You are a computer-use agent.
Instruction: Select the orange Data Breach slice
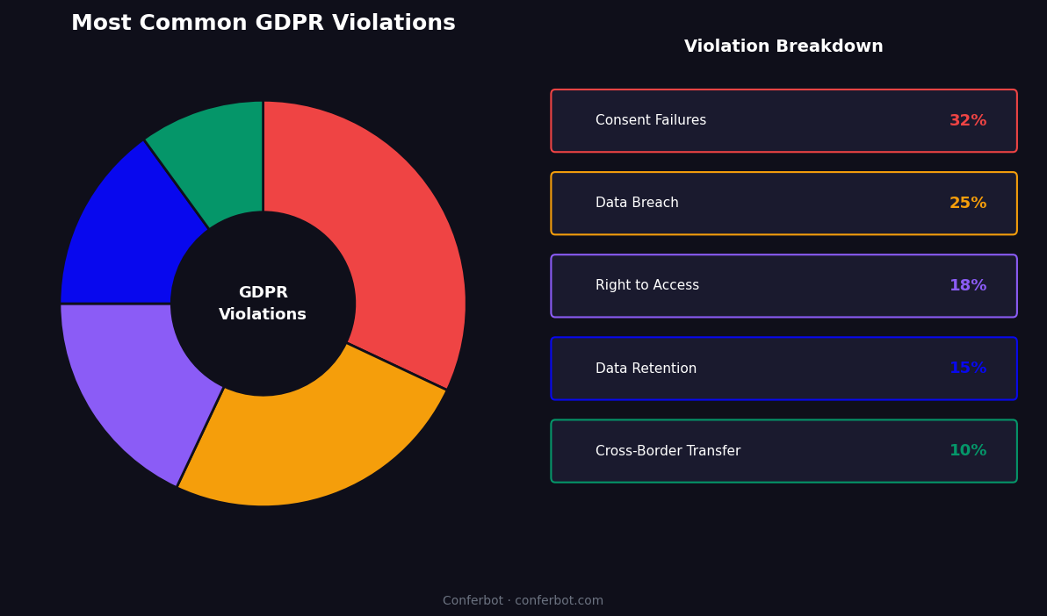click(307, 439)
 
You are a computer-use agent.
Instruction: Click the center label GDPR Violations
click(263, 304)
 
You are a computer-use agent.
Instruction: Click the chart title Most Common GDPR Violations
click(263, 24)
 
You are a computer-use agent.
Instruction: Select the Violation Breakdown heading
click(783, 47)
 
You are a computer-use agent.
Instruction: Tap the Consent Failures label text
click(651, 121)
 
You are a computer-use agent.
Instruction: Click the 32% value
click(968, 121)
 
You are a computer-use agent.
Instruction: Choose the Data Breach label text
click(637, 204)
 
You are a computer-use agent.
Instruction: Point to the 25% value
click(968, 204)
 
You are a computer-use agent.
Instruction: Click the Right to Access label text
click(647, 286)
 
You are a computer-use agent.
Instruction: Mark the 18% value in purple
click(968, 286)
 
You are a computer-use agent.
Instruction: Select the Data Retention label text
click(646, 369)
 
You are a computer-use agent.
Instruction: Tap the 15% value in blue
click(968, 369)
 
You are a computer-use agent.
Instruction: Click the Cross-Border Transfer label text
click(668, 451)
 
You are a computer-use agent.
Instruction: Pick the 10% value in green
click(968, 451)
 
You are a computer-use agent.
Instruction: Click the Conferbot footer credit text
click(523, 601)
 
